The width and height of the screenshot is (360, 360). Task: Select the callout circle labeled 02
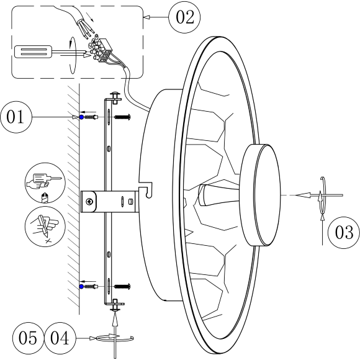(184, 17)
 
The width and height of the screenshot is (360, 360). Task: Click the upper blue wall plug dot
(82, 116)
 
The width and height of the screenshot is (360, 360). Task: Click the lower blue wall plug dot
(82, 286)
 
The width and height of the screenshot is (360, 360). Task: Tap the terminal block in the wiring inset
(103, 50)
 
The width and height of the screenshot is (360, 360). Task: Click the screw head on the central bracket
(91, 200)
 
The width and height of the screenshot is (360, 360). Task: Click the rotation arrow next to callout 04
(115, 338)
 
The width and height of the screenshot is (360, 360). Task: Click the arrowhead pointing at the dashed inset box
(148, 18)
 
